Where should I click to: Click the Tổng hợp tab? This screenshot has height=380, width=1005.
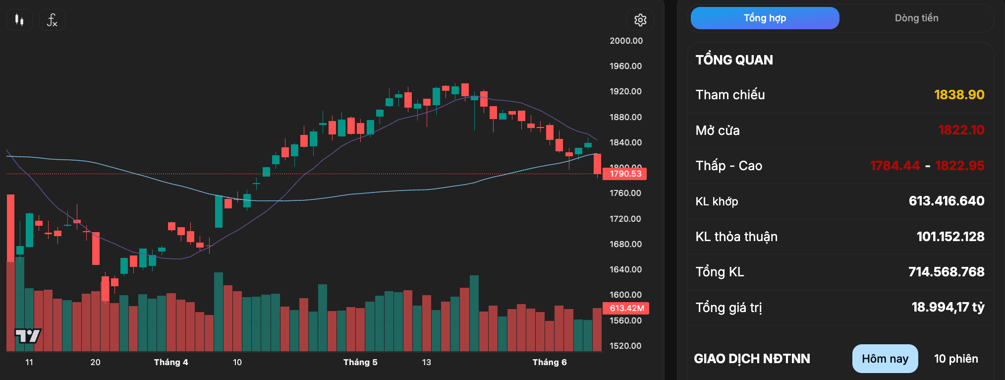click(765, 18)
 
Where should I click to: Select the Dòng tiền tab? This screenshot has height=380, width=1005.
click(916, 18)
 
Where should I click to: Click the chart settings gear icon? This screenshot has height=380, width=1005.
click(640, 20)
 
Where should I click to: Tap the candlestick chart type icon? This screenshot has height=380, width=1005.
click(19, 20)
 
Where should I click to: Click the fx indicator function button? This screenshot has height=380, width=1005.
click(52, 20)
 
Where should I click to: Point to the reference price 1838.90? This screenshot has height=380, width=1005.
click(959, 95)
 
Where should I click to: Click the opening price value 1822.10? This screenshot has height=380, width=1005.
click(961, 130)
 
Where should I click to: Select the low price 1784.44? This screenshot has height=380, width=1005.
click(895, 166)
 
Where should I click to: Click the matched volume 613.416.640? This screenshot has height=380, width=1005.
click(947, 201)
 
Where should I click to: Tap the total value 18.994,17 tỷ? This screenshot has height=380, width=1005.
click(948, 308)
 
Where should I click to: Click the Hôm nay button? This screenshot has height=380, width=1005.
click(885, 359)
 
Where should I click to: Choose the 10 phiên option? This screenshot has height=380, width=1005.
click(956, 359)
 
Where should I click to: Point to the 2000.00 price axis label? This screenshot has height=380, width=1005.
click(626, 41)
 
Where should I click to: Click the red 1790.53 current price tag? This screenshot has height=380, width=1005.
click(625, 174)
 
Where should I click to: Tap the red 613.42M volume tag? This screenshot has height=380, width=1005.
click(626, 308)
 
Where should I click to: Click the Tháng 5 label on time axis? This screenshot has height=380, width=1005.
click(360, 362)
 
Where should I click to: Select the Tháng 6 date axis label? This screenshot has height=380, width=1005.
click(550, 362)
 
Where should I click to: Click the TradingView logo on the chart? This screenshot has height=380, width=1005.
click(28, 336)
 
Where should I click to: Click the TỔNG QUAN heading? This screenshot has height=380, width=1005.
click(734, 60)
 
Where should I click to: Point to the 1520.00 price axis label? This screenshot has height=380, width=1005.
click(625, 346)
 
